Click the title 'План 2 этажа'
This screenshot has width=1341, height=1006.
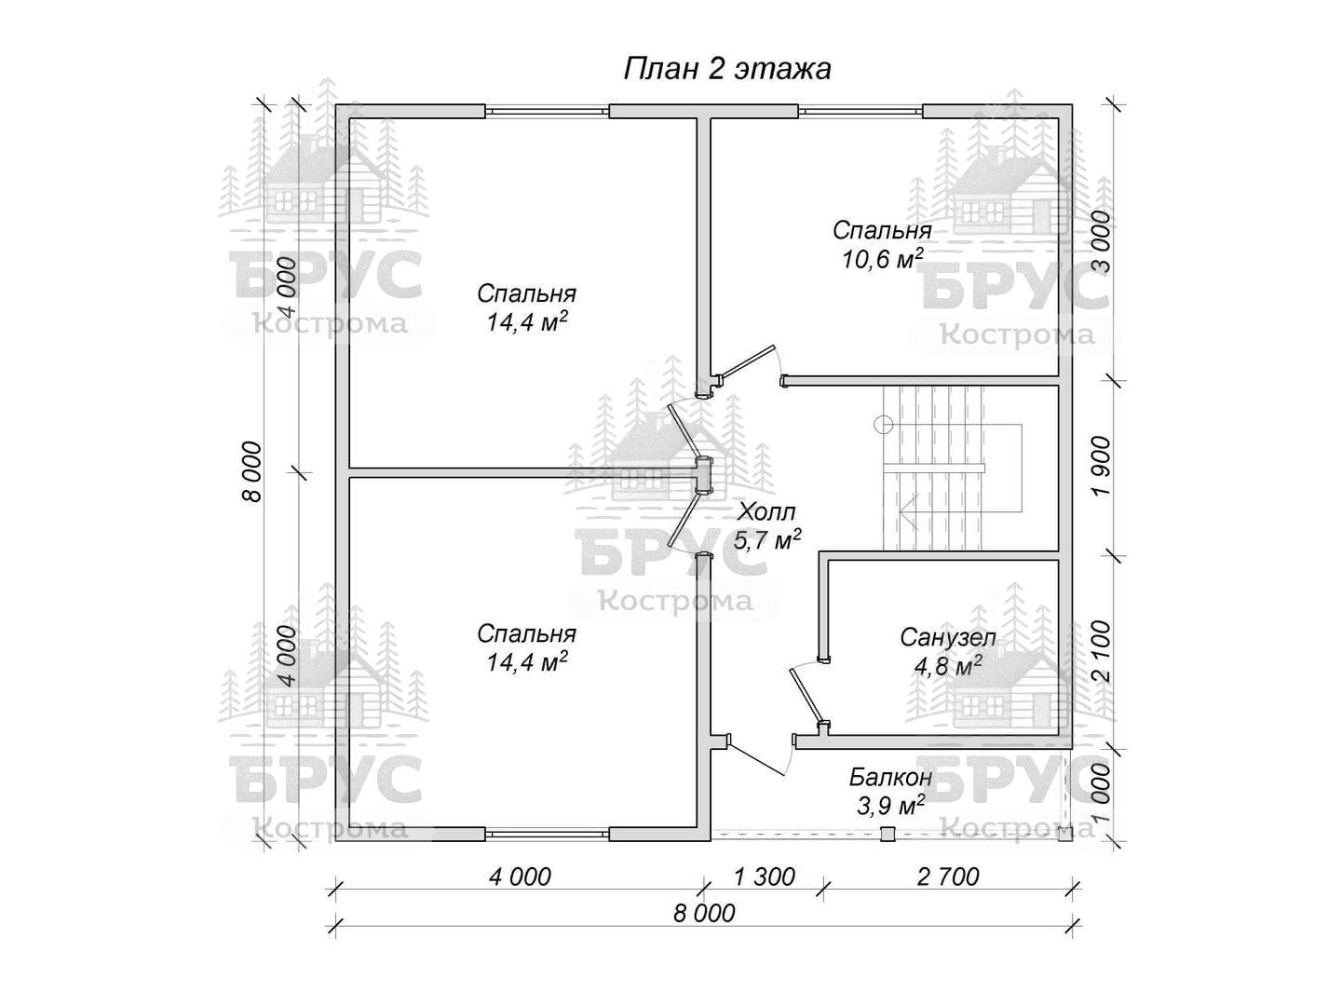click(x=726, y=70)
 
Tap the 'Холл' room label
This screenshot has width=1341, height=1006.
click(x=766, y=511)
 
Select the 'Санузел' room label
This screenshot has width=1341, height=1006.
click(x=948, y=638)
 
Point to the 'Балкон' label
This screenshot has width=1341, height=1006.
click(x=890, y=778)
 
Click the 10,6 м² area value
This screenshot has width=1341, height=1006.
click(x=882, y=259)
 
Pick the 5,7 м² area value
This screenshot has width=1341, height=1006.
click(x=766, y=540)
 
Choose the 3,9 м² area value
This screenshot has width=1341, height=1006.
click(x=890, y=806)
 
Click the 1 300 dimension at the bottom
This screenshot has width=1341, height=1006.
click(x=765, y=877)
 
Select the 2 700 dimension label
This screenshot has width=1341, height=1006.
click(x=948, y=877)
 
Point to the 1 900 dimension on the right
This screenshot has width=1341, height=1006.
click(x=1101, y=466)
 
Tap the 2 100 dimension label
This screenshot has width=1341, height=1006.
click(x=1101, y=651)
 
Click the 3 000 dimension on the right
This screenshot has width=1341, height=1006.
click(x=1101, y=241)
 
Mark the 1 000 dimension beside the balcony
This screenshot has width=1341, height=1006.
click(x=1101, y=794)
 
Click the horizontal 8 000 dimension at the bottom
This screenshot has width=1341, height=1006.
click(x=704, y=914)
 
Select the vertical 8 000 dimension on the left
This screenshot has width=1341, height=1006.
click(x=252, y=471)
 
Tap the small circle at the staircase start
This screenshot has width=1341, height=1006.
click(x=884, y=424)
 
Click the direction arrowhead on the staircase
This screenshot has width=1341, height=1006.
click(x=909, y=512)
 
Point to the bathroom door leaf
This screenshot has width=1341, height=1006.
click(x=806, y=697)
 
